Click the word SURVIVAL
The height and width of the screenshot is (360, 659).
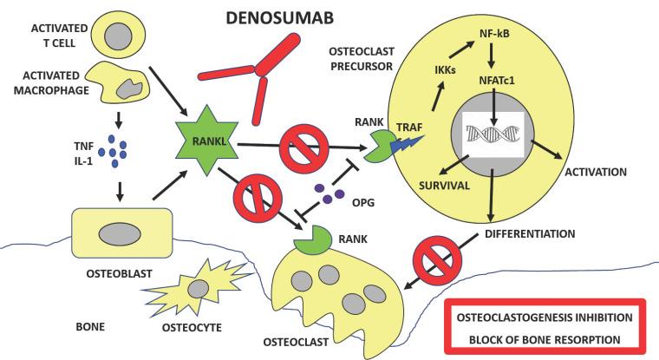pos(421,185)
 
